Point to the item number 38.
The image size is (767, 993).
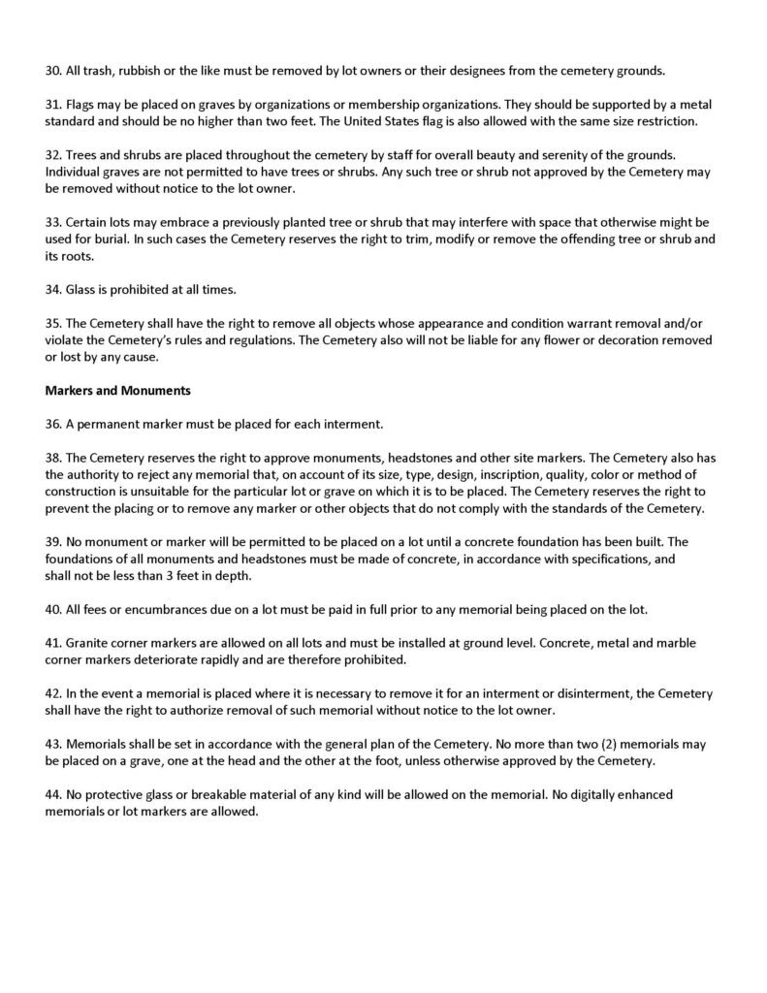(x=52, y=458)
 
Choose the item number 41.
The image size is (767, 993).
(x=52, y=643)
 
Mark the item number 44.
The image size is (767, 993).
(x=52, y=795)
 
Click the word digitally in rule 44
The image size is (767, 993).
(x=573, y=795)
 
